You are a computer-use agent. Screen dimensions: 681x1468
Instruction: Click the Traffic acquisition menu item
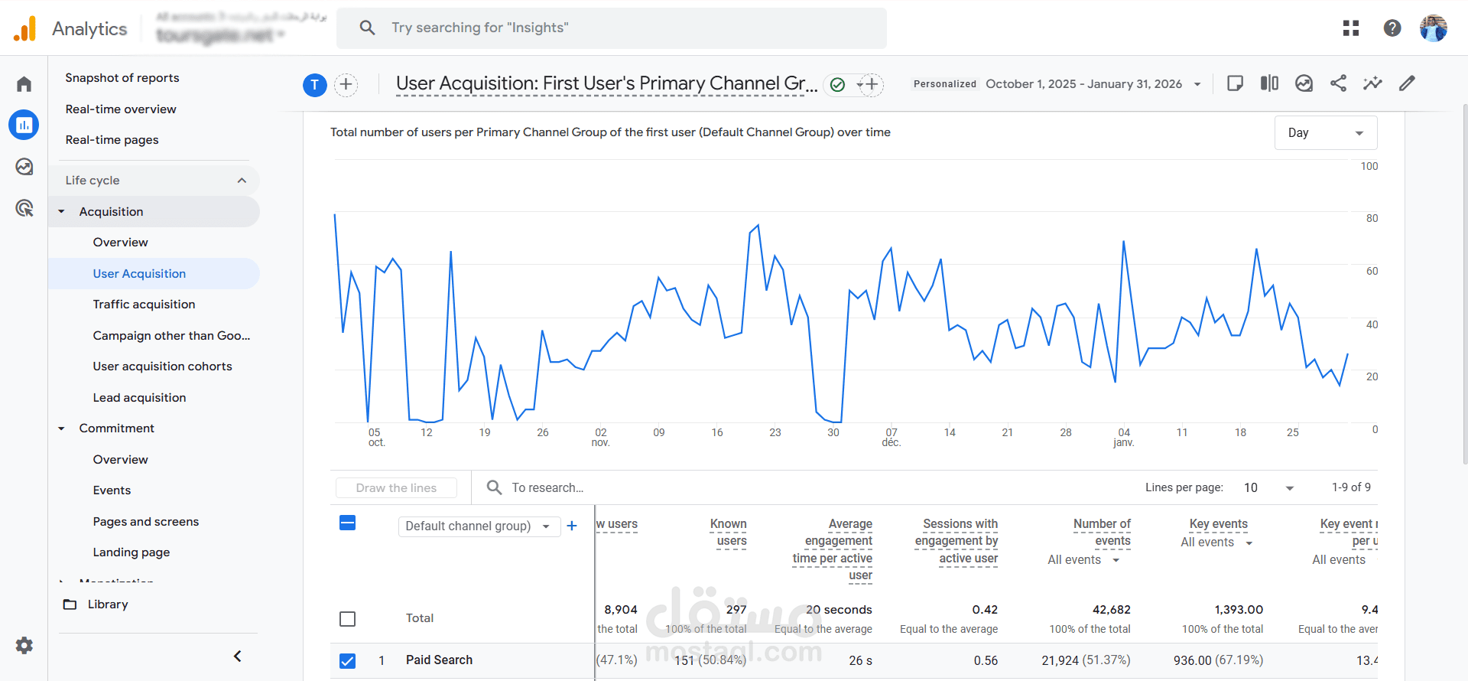[144, 305]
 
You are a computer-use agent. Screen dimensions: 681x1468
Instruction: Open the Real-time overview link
[121, 109]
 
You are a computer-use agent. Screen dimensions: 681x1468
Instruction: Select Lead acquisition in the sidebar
[139, 398]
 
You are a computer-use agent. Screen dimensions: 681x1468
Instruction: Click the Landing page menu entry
[132, 552]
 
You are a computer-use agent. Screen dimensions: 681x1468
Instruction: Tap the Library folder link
[107, 604]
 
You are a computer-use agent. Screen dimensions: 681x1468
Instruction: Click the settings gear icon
[24, 645]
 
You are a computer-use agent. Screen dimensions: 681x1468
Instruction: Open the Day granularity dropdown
[1325, 133]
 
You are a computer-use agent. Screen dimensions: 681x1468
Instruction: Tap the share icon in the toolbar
[1338, 83]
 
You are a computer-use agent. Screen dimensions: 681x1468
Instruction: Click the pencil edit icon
[1407, 83]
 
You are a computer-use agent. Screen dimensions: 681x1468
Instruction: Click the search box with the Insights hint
[612, 28]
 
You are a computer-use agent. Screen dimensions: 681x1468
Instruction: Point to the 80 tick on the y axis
[1372, 219]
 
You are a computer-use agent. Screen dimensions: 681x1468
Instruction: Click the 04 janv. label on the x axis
[1123, 437]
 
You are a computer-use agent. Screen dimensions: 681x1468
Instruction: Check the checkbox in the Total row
[347, 619]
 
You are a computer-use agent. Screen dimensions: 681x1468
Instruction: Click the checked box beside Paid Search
[347, 660]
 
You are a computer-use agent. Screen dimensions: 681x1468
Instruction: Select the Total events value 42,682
[1111, 610]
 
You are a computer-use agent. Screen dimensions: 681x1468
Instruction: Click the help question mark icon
[1392, 28]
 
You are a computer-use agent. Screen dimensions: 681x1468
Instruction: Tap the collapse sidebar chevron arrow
[238, 657]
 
